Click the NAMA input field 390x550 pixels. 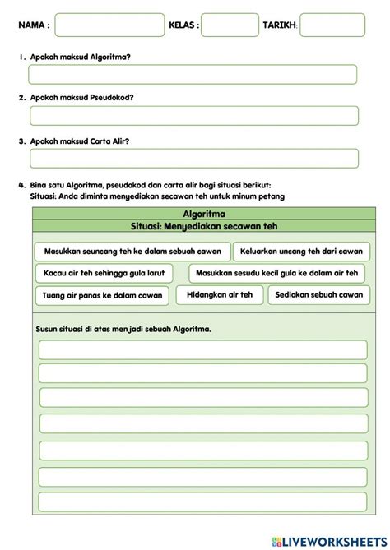pos(109,25)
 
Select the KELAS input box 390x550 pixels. pos(230,25)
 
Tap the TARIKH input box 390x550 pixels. pos(332,25)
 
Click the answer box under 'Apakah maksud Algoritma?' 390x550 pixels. pos(193,75)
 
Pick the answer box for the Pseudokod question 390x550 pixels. pos(193,116)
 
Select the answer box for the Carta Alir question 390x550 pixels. pos(193,159)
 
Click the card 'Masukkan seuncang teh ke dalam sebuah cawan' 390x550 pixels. pos(132,251)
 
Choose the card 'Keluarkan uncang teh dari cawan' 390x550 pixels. pos(301,251)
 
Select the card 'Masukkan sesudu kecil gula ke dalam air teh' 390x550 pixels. pos(279,273)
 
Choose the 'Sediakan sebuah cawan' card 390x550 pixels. pos(319,294)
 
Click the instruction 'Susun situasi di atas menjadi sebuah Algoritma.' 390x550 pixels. pos(123,329)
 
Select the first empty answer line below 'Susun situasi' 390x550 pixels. pos(202,350)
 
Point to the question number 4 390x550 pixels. pos(20,184)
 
